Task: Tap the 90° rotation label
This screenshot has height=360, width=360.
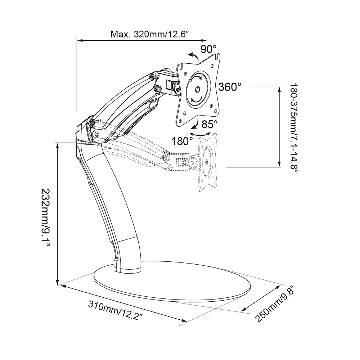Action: pos(208,49)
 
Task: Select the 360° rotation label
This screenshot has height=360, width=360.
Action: pos(230,87)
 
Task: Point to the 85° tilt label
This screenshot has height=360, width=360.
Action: pos(210,124)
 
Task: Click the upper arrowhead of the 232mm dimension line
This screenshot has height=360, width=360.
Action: pos(57,144)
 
